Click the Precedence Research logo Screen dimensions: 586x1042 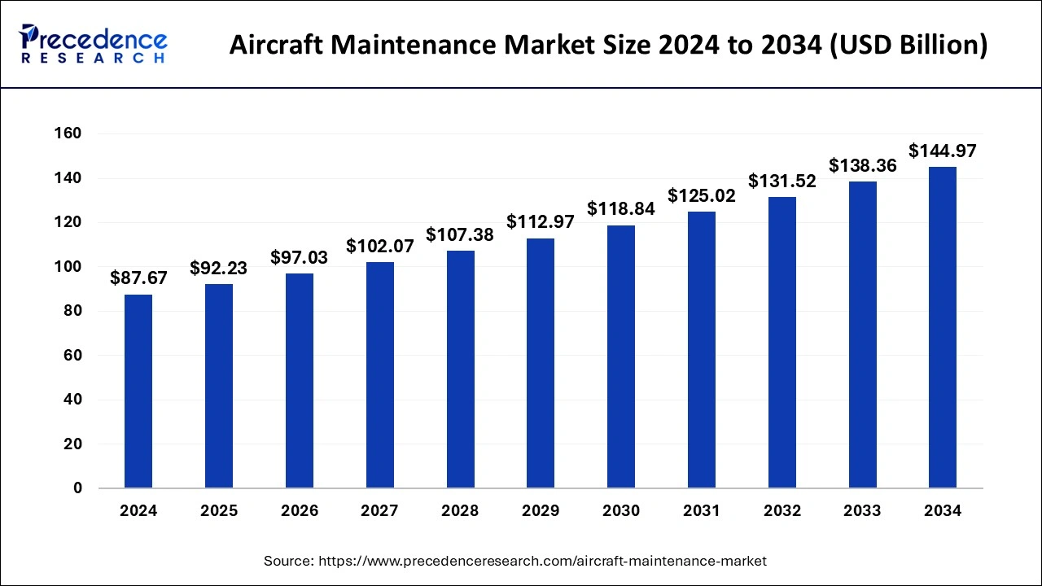click(x=94, y=45)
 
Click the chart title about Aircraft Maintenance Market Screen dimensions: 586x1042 click(x=608, y=46)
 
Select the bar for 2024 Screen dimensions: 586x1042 click(x=138, y=391)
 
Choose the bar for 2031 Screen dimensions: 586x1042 click(x=702, y=350)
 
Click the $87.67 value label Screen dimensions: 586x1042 click(x=138, y=278)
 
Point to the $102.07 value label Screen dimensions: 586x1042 click(x=380, y=246)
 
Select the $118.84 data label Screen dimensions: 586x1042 click(x=621, y=209)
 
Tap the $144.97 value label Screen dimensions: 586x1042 click(x=943, y=151)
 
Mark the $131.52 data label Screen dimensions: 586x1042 click(x=782, y=181)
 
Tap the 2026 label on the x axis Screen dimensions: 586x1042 click(x=300, y=511)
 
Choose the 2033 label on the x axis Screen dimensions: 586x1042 click(x=862, y=511)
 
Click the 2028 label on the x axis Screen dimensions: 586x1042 click(x=460, y=511)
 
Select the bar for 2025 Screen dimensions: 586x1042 click(x=219, y=386)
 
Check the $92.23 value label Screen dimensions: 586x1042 click(x=219, y=268)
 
